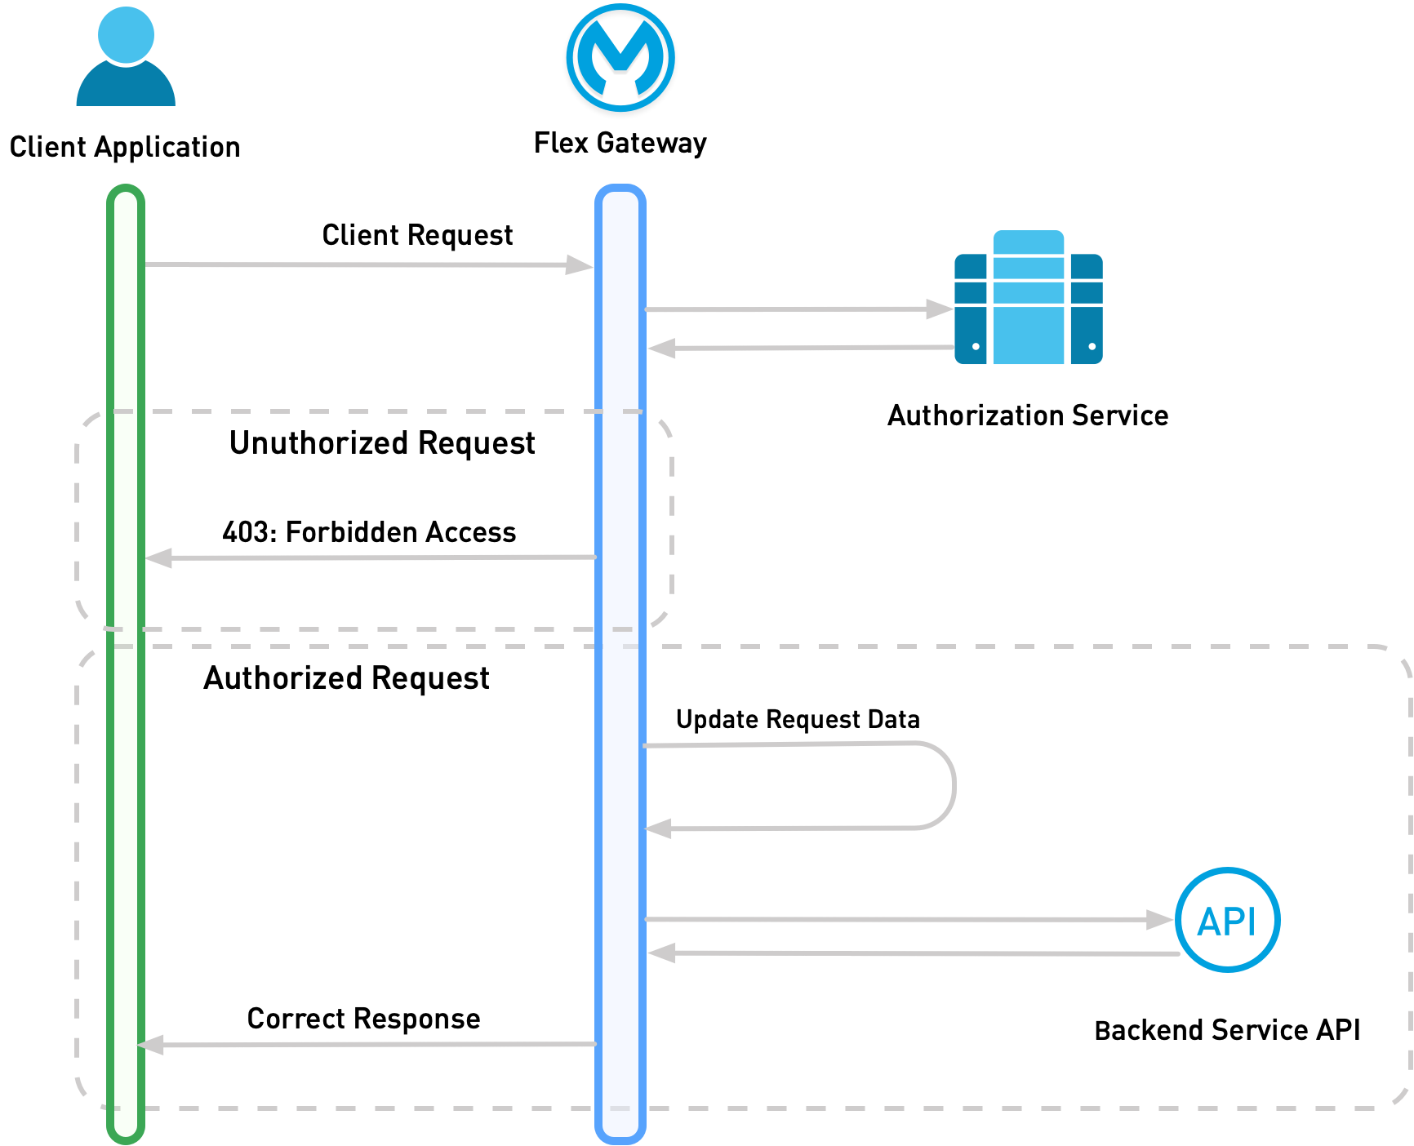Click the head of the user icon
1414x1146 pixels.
point(126,34)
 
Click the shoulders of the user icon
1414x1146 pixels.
point(126,88)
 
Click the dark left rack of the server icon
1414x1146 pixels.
point(971,310)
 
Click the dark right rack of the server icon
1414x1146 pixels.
point(1086,310)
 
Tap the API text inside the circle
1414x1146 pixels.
point(1226,922)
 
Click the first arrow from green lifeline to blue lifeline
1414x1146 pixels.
point(367,264)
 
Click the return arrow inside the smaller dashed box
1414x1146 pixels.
point(367,557)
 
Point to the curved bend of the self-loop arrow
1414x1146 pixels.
point(953,785)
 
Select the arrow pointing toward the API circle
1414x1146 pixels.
point(906,920)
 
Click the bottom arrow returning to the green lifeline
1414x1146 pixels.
point(367,1045)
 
